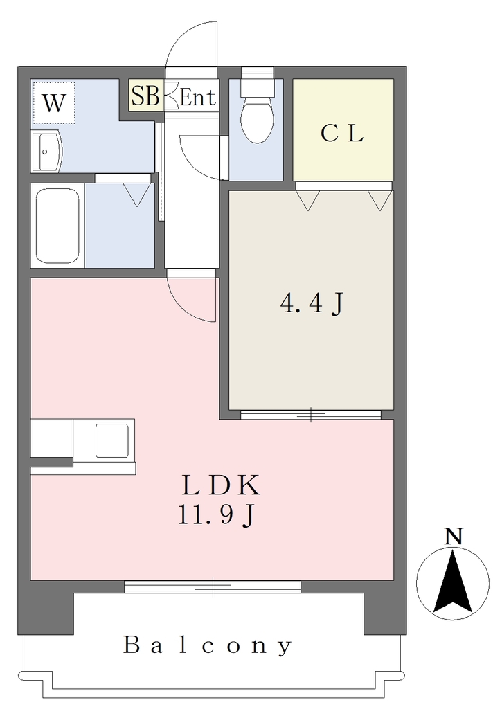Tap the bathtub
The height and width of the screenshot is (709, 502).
pyautogui.click(x=57, y=226)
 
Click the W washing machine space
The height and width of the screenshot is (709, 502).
pyautogui.click(x=53, y=102)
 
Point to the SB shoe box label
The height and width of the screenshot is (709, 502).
pyautogui.click(x=145, y=96)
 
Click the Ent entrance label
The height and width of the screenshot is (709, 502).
pyautogui.click(x=197, y=97)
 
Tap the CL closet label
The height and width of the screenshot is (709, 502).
pyautogui.click(x=342, y=133)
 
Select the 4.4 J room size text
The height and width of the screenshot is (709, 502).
pyautogui.click(x=312, y=303)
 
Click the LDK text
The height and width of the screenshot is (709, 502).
pyautogui.click(x=221, y=485)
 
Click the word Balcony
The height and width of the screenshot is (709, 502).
pyautogui.click(x=208, y=645)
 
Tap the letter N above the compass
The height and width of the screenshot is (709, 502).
pyautogui.click(x=453, y=537)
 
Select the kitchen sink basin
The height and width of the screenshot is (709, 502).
pyautogui.click(x=111, y=440)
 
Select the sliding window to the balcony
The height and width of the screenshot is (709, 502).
pyautogui.click(x=213, y=586)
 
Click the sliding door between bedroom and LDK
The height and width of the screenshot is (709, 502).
pyautogui.click(x=311, y=414)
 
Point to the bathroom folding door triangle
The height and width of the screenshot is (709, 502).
pyautogui.click(x=137, y=195)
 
